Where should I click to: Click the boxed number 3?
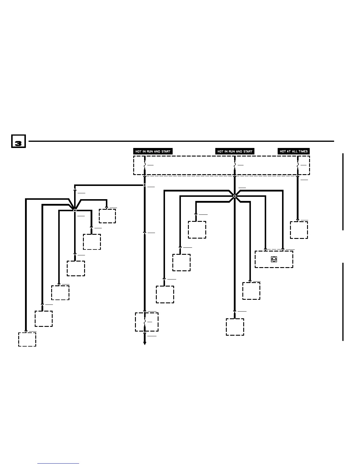tap(18, 141)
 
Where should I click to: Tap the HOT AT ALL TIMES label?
tap(294, 151)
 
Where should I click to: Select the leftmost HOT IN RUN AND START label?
tap(153, 151)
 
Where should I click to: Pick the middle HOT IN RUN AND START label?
tap(235, 151)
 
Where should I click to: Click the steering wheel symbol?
tap(274, 259)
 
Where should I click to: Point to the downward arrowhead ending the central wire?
tap(144, 343)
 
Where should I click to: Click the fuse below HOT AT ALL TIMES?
tap(298, 166)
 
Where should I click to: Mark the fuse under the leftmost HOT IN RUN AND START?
tap(144, 166)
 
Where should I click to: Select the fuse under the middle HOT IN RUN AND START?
tap(235, 166)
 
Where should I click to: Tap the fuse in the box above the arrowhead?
tap(144, 322)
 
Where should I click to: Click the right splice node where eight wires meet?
tap(235, 196)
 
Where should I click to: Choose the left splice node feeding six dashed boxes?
tap(75, 210)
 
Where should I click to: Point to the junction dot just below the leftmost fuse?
tap(144, 185)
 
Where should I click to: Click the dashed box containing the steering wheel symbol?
tap(274, 259)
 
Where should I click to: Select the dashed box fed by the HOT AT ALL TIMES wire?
tap(299, 230)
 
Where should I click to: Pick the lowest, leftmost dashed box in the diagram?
tap(27, 339)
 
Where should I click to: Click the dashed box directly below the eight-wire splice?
tap(235, 327)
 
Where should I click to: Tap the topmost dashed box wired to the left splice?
tap(107, 216)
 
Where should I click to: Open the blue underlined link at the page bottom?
tap(58, 464)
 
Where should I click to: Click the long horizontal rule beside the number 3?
tap(181, 141)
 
